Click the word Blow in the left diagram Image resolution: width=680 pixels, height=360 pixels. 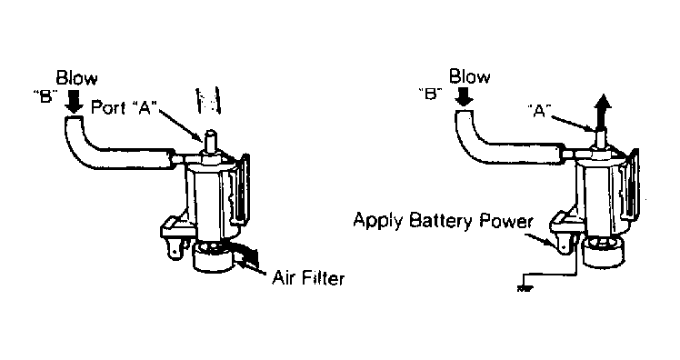(x=76, y=78)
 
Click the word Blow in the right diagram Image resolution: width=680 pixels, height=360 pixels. (x=470, y=76)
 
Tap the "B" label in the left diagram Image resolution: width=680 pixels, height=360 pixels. (x=46, y=96)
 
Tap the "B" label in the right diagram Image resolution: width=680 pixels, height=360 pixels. (x=430, y=94)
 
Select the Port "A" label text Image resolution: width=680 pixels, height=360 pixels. (x=123, y=107)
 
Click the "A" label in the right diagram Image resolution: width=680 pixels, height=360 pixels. (x=539, y=111)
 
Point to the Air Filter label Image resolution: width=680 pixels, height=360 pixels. (x=308, y=278)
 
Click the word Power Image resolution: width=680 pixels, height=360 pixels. (x=506, y=221)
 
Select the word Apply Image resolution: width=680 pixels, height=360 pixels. (x=378, y=220)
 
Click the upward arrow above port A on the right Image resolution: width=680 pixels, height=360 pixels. (x=603, y=113)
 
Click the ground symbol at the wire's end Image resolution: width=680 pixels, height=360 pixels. (x=525, y=287)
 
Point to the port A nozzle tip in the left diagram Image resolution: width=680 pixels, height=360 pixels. (x=210, y=133)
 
